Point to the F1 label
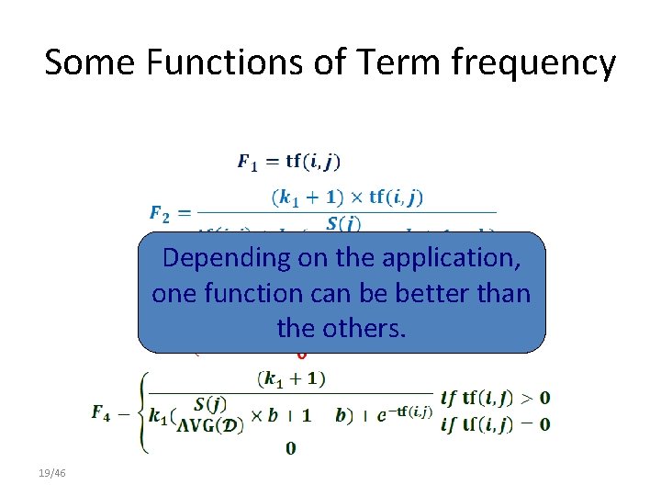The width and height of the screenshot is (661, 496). [248, 163]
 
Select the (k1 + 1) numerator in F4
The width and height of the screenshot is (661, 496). [294, 378]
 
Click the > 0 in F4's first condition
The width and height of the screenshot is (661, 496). [535, 398]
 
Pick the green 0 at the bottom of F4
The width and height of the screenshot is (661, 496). [290, 448]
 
